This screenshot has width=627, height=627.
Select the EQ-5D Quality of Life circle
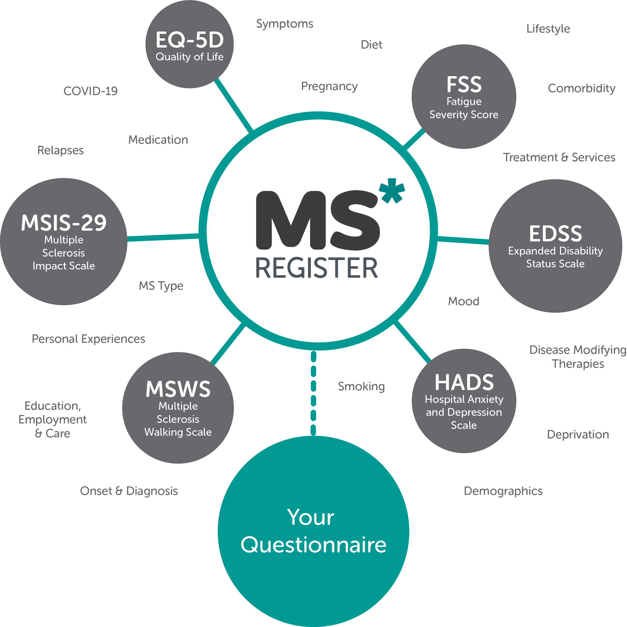[x=189, y=44]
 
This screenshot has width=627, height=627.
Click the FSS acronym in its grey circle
[x=464, y=84]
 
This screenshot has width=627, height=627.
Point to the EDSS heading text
[x=555, y=234]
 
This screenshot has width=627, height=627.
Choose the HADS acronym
[x=464, y=382]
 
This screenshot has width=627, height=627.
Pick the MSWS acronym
[x=178, y=389]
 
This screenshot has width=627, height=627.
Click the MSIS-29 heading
[x=64, y=223]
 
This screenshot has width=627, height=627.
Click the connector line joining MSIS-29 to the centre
[x=163, y=237]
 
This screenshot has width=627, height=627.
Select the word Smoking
[x=361, y=386]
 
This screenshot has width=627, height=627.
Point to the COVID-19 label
[x=90, y=91]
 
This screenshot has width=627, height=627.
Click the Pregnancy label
[x=329, y=86]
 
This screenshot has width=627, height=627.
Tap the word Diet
[x=371, y=45]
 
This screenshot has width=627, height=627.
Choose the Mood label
[x=464, y=301]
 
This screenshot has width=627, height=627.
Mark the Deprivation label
[x=578, y=434]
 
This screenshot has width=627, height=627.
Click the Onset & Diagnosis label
[x=129, y=491]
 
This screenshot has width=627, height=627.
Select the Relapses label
[x=60, y=150]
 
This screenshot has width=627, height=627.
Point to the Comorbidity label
[x=582, y=88]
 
